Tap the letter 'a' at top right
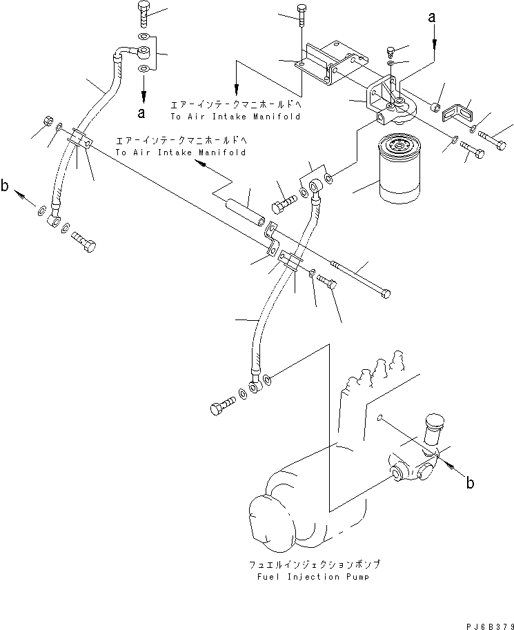[433, 20]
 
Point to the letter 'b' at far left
[6, 186]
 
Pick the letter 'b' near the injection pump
[470, 483]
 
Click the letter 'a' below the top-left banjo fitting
[142, 111]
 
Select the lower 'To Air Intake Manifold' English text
[181, 152]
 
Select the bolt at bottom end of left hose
[83, 242]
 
